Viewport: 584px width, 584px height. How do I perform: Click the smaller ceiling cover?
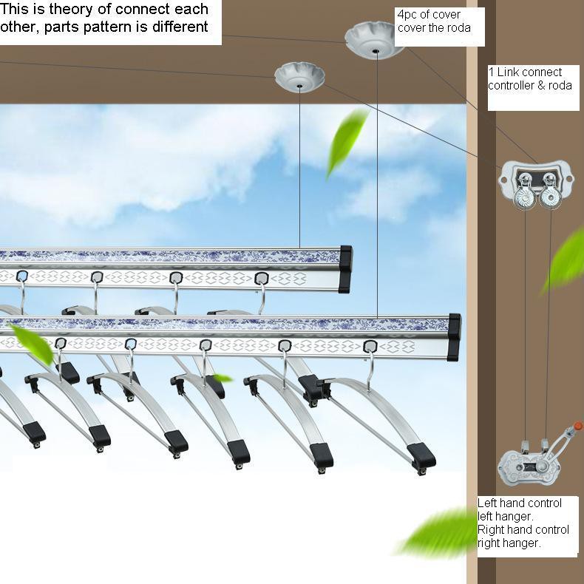click(x=299, y=76)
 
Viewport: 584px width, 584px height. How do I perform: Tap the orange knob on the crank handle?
click(x=577, y=425)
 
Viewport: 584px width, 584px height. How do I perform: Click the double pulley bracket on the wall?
click(x=536, y=183)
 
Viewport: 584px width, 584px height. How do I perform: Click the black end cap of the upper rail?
click(x=345, y=269)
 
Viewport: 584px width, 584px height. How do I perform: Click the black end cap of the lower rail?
click(x=454, y=337)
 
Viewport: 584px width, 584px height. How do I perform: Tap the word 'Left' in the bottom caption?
click(x=486, y=503)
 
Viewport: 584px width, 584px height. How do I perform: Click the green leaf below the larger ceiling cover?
click(x=347, y=142)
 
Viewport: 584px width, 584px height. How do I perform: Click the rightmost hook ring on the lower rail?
click(x=370, y=347)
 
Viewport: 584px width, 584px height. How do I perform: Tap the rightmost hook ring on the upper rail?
click(x=262, y=278)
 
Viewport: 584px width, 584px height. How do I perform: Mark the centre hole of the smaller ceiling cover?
click(x=300, y=86)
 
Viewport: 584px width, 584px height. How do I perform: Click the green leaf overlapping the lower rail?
click(x=32, y=344)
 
